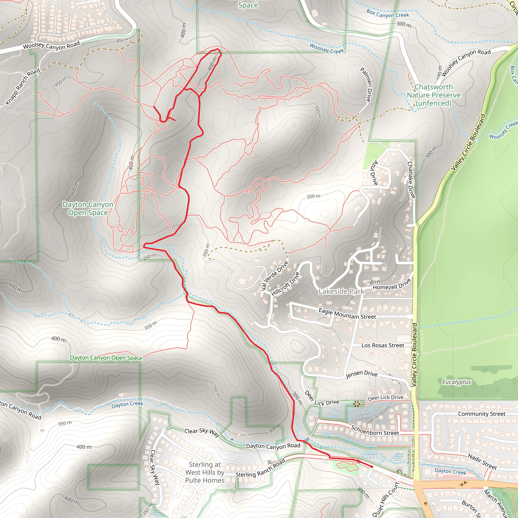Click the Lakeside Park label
341,291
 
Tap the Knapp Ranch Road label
23,86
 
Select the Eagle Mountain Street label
347,314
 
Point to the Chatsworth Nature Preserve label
434,95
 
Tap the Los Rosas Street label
383,346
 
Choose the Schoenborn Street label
375,430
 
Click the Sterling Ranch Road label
260,468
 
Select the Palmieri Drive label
366,85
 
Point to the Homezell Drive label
392,285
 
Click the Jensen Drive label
361,374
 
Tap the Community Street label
482,414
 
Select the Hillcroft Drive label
285,284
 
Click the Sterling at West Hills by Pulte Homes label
205,472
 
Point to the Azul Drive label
374,173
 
